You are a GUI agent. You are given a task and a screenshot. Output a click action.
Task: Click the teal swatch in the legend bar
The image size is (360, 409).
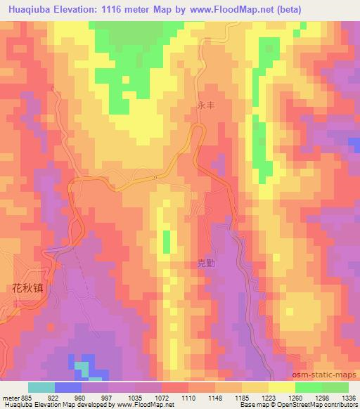[x=41, y=387]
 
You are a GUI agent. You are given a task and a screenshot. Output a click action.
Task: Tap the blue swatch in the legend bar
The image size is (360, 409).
[x=67, y=387]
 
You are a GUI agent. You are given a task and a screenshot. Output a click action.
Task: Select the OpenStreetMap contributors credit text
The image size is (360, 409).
[x=317, y=405]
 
